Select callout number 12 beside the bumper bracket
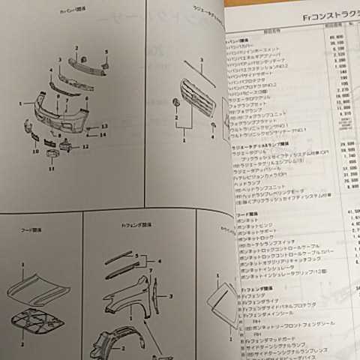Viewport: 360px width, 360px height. tap(85, 146)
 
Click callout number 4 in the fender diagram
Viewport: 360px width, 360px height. tap(158, 261)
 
